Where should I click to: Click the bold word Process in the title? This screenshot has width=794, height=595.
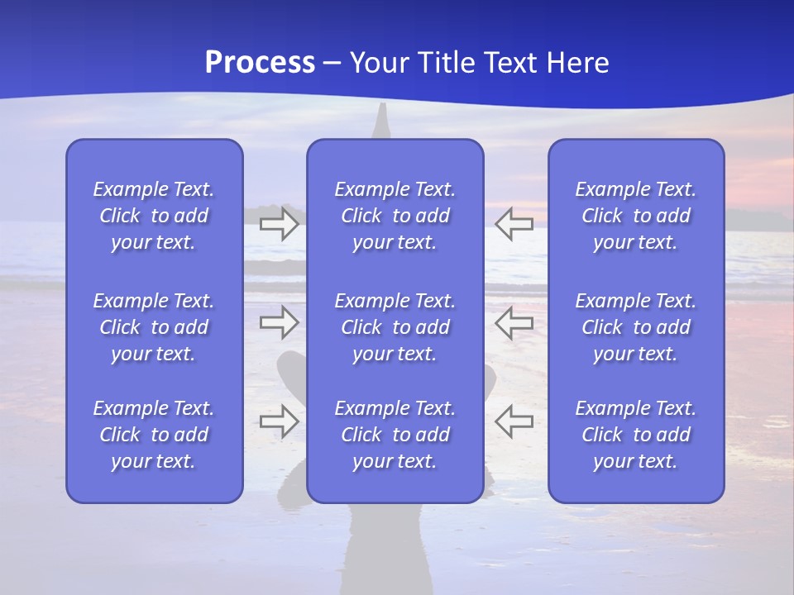260,63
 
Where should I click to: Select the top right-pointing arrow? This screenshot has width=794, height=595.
279,224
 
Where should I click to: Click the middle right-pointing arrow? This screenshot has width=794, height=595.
279,322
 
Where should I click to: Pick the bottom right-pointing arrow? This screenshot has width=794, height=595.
279,421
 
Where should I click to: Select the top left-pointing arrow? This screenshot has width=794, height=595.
514,224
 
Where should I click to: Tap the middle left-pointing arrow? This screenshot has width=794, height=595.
514,322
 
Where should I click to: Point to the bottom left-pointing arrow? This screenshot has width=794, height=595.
514,421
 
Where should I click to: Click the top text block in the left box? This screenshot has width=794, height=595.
154,216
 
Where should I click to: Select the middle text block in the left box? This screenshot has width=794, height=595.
154,327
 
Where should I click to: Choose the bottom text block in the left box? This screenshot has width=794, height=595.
154,435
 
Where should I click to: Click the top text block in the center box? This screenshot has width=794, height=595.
395,216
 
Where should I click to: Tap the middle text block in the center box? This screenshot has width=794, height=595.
395,327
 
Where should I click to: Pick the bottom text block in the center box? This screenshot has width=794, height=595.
395,435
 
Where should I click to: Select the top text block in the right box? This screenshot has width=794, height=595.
636,216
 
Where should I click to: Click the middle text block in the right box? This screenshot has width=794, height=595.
636,327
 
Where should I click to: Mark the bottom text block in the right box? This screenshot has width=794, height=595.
636,435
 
